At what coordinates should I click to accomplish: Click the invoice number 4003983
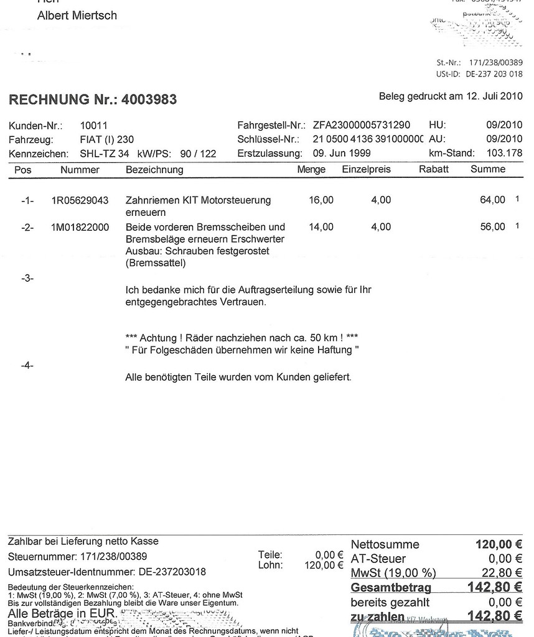click(x=149, y=100)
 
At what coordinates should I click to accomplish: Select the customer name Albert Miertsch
click(x=77, y=16)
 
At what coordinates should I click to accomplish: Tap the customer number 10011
click(x=94, y=126)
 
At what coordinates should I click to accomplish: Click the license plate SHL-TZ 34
click(x=105, y=153)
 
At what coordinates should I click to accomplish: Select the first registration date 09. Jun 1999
click(x=342, y=153)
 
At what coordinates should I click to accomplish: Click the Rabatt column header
click(x=434, y=169)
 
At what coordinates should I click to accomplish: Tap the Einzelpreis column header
click(x=367, y=169)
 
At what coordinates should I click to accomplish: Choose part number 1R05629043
click(x=80, y=200)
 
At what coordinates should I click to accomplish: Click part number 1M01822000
click(x=80, y=228)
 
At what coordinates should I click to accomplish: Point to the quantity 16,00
click(x=321, y=200)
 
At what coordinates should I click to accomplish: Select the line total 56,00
click(x=493, y=228)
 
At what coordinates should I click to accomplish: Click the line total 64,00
click(x=493, y=200)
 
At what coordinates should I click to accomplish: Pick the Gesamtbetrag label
click(x=391, y=587)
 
